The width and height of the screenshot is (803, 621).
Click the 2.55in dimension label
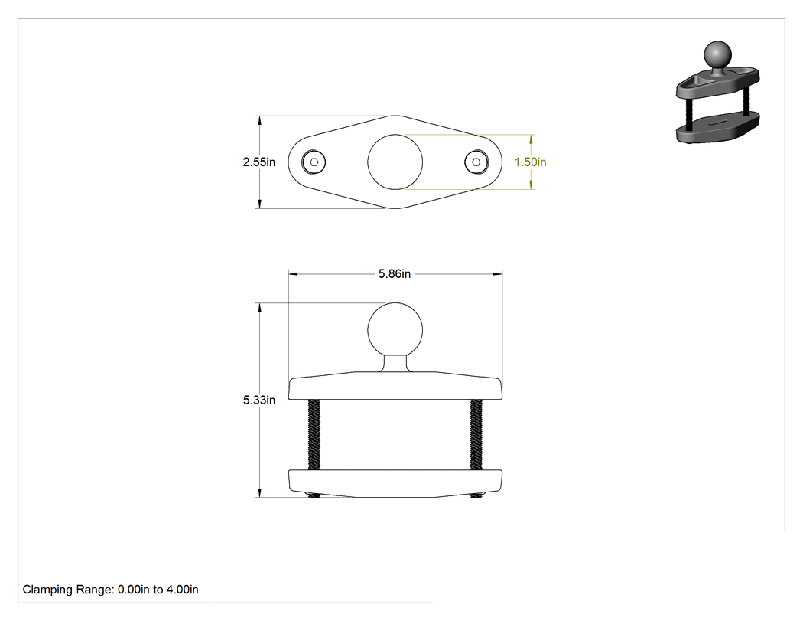click(258, 162)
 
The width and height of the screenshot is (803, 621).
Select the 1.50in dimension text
click(530, 162)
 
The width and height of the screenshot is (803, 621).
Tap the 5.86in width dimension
click(395, 274)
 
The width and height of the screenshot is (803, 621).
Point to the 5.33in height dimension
click(258, 400)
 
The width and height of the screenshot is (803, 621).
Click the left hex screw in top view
click(314, 162)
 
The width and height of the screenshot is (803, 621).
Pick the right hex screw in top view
click(476, 162)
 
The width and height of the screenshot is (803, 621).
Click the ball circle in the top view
click(395, 162)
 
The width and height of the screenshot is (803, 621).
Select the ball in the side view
click(395, 329)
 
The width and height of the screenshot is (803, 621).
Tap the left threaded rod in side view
click(314, 435)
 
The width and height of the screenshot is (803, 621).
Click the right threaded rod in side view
click(476, 435)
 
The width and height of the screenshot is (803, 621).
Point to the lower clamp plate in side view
click(395, 483)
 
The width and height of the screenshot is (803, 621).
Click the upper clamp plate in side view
click(395, 386)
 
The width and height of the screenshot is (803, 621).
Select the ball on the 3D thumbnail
click(717, 54)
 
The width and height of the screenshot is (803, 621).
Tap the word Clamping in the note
click(47, 590)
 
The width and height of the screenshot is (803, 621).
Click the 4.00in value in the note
click(182, 589)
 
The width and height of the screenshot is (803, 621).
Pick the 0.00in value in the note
click(134, 589)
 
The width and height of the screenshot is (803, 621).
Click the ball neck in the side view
click(395, 363)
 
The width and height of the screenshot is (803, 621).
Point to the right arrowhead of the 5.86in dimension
click(497, 274)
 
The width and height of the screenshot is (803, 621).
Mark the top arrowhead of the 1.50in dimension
click(531, 139)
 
